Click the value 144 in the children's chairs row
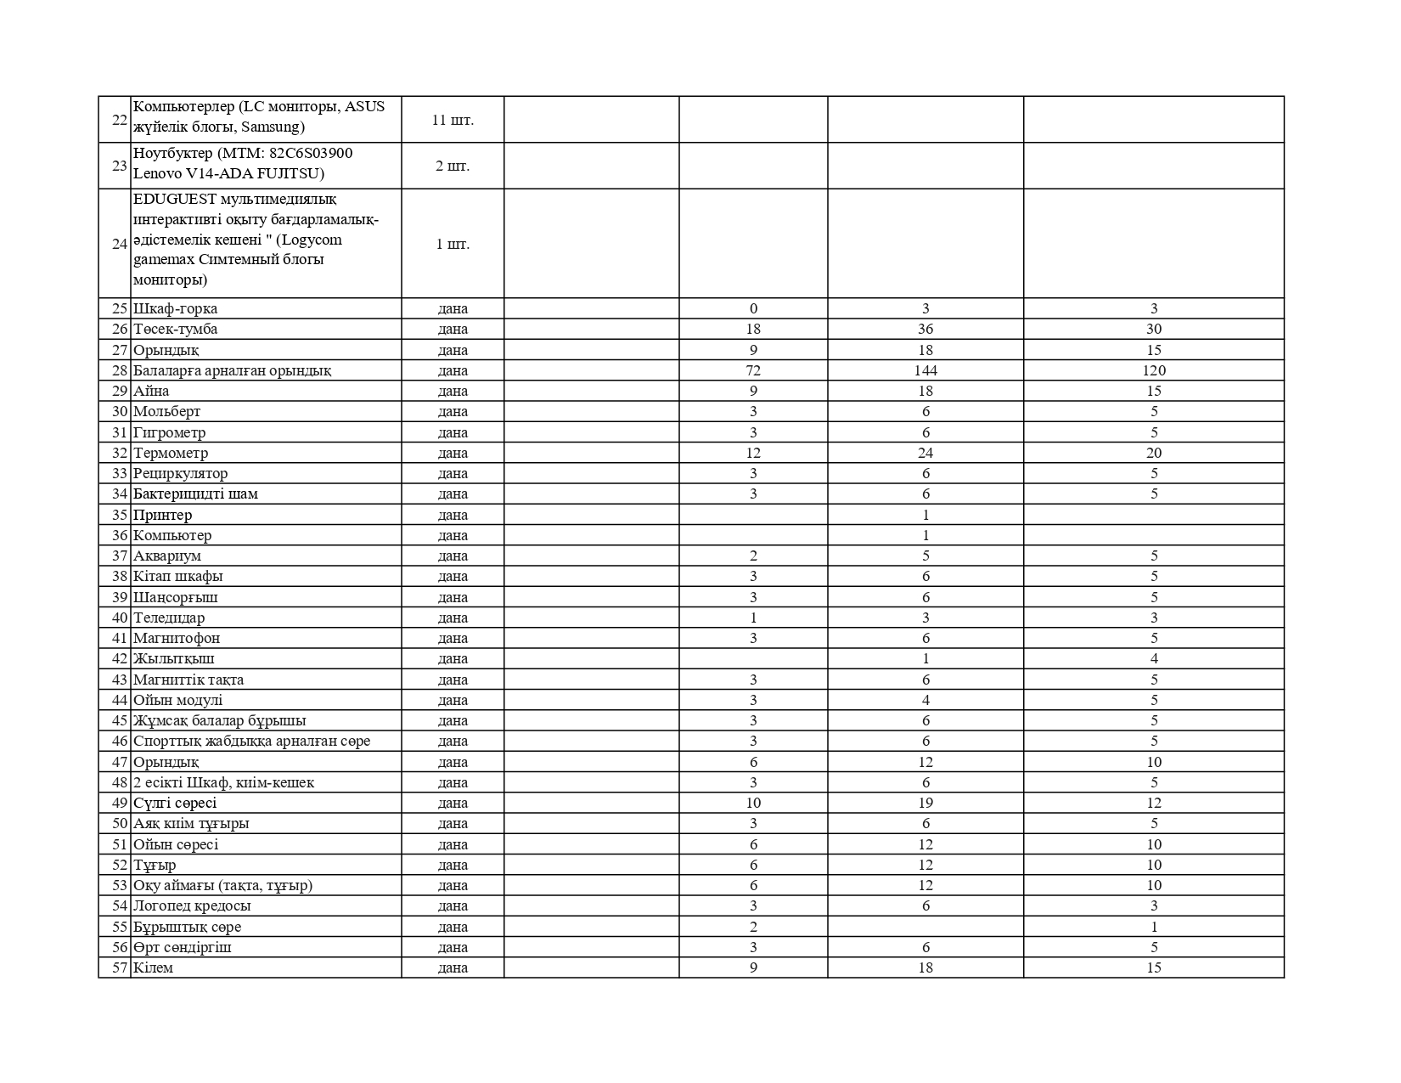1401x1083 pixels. point(926,370)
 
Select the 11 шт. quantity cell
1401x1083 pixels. point(453,120)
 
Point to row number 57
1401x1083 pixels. point(119,967)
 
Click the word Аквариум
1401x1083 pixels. point(167,556)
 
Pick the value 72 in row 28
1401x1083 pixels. point(753,370)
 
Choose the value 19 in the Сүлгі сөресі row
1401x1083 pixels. point(926,803)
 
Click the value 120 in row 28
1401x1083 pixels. point(1154,370)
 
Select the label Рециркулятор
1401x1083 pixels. point(180,473)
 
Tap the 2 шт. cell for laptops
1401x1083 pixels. point(453,166)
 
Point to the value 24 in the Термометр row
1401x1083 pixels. point(926,453)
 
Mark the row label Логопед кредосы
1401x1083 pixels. point(192,905)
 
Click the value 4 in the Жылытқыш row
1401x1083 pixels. point(1154,658)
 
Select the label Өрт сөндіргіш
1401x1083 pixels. point(183,947)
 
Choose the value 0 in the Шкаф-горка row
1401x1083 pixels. point(753,308)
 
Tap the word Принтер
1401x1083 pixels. point(162,515)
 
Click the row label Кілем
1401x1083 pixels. point(153,967)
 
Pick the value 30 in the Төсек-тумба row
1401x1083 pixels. point(1154,329)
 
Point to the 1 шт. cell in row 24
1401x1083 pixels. point(453,244)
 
